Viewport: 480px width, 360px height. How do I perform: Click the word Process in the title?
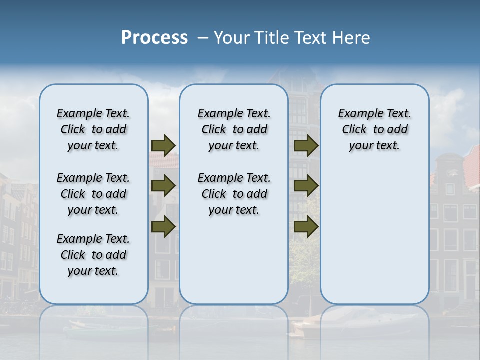154,38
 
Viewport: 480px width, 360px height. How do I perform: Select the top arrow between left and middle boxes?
163,146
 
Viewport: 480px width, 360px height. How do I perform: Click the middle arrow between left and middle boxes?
163,186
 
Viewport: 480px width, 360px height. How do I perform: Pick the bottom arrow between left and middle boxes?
163,226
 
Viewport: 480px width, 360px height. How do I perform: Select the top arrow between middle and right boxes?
306,146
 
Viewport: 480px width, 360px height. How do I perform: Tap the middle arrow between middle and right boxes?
306,186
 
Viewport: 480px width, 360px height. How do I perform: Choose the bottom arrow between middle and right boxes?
306,226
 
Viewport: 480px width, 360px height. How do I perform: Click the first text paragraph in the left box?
93,129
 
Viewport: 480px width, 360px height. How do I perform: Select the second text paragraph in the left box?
93,194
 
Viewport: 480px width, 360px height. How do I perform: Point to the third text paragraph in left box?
93,255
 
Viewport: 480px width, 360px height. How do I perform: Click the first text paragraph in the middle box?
234,129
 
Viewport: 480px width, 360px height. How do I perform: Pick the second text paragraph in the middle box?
234,194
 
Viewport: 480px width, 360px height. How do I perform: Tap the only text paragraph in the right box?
374,129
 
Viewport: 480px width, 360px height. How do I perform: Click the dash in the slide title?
203,38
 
